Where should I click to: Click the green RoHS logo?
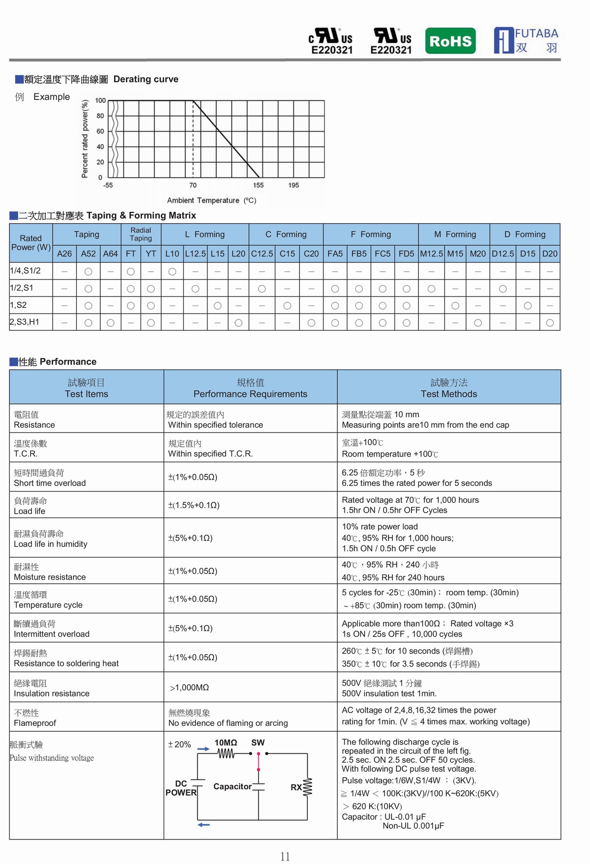(450, 41)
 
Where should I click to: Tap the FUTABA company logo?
(526, 40)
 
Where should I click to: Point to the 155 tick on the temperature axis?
(258, 185)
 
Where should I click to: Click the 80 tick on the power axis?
(100, 116)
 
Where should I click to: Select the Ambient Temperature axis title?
(211, 201)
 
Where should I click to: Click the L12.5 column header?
(195, 254)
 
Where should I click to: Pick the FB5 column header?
(359, 254)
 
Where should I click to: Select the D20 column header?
(550, 254)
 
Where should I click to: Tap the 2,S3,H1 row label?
(25, 322)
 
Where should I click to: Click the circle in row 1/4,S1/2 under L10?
(172, 271)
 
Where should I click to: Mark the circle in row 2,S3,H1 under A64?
(111, 323)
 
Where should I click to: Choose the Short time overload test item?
(50, 483)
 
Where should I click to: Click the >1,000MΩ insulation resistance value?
(189, 688)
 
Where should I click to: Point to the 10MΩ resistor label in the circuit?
(226, 743)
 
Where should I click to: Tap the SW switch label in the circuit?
(258, 743)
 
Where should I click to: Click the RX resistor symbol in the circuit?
(308, 787)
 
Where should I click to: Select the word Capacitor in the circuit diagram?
(232, 786)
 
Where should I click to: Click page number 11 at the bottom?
(285, 857)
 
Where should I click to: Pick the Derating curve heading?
(146, 79)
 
